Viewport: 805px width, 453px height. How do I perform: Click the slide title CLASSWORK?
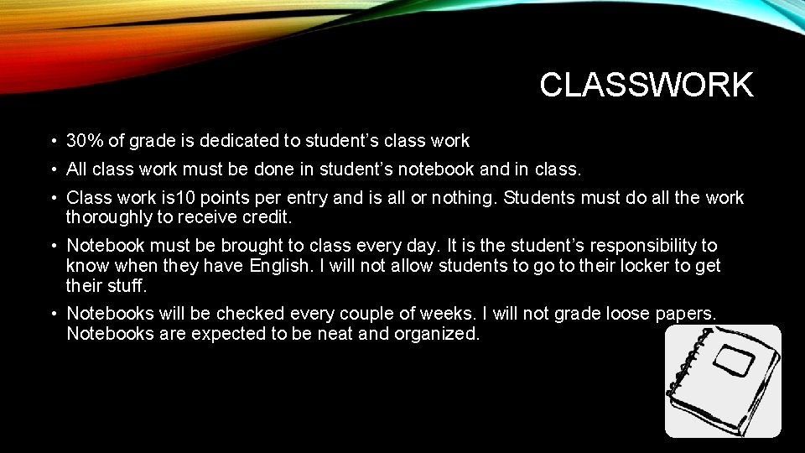[647, 85]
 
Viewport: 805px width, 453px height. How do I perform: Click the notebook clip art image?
[724, 381]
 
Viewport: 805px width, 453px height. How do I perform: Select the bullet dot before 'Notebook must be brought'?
[52, 246]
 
